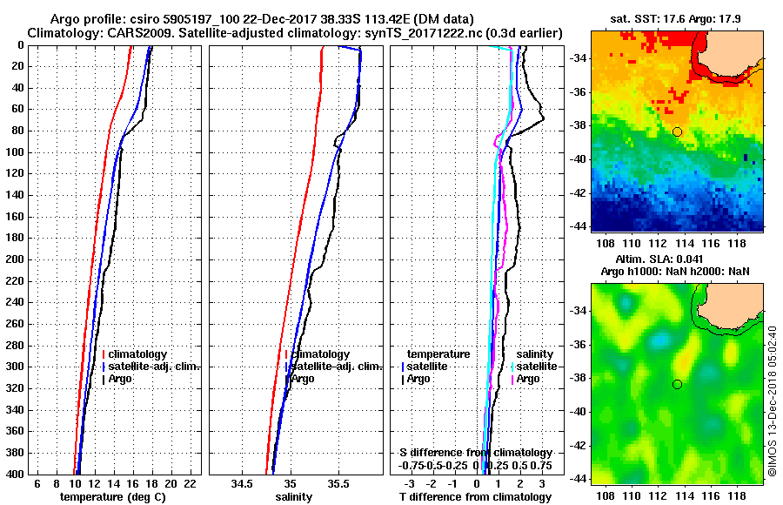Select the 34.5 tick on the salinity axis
(x=243, y=483)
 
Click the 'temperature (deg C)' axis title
(x=111, y=497)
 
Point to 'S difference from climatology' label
(x=476, y=453)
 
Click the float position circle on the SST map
(x=677, y=131)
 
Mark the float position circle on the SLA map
(x=677, y=384)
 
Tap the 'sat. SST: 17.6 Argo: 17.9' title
(x=678, y=18)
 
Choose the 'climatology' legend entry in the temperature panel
(x=137, y=354)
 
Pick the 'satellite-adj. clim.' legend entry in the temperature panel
(x=153, y=367)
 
